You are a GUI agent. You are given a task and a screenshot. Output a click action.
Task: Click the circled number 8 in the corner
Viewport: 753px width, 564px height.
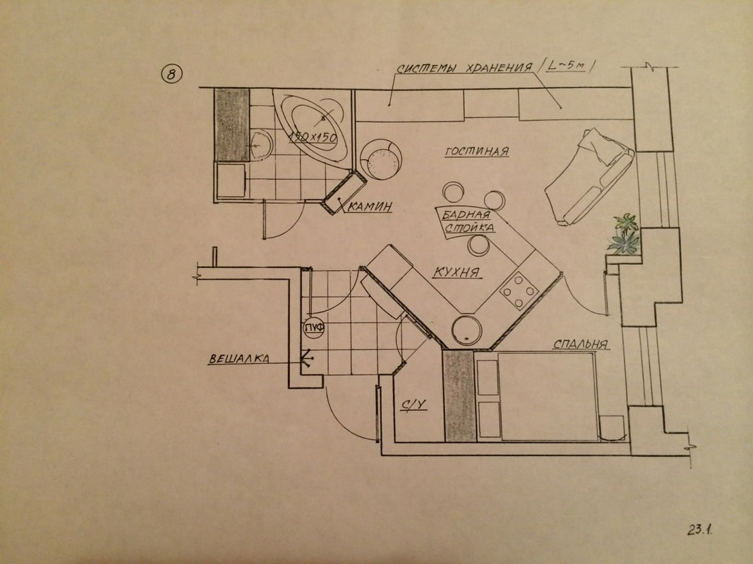(171, 74)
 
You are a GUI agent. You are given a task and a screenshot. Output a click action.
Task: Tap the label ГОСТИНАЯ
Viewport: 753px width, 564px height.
(478, 152)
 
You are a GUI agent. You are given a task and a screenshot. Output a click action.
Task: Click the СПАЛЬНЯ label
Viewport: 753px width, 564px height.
(581, 345)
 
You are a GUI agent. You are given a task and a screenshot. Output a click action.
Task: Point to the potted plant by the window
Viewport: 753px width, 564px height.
(625, 233)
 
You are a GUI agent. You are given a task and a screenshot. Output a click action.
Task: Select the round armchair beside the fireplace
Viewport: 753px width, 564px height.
(382, 159)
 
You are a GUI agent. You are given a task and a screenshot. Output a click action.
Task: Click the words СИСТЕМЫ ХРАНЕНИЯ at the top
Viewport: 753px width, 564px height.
(462, 69)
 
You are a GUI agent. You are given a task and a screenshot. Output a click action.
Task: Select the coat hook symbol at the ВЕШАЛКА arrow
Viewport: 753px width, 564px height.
(308, 360)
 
